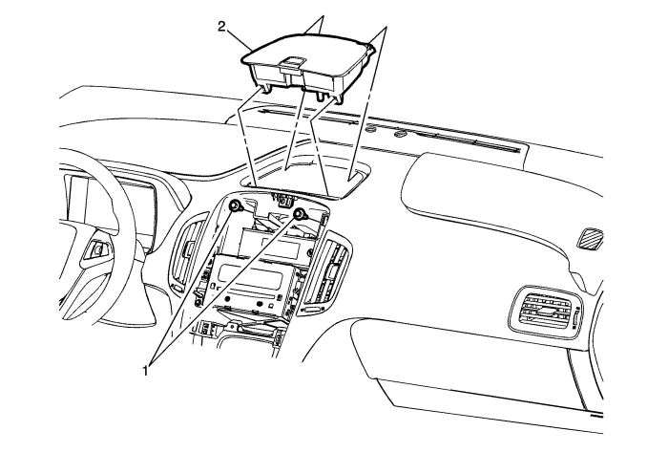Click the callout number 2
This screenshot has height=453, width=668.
(222, 27)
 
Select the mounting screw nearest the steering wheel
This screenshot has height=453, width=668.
(235, 206)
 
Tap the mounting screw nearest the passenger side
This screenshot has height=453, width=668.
(300, 214)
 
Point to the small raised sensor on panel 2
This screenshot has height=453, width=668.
(290, 63)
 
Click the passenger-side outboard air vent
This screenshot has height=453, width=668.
(544, 310)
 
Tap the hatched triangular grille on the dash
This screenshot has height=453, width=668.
(590, 238)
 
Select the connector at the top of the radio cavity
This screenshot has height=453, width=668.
(282, 198)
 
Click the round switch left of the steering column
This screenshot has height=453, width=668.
(98, 249)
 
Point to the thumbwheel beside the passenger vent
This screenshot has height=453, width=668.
(575, 317)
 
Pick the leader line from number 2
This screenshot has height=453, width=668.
(238, 39)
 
